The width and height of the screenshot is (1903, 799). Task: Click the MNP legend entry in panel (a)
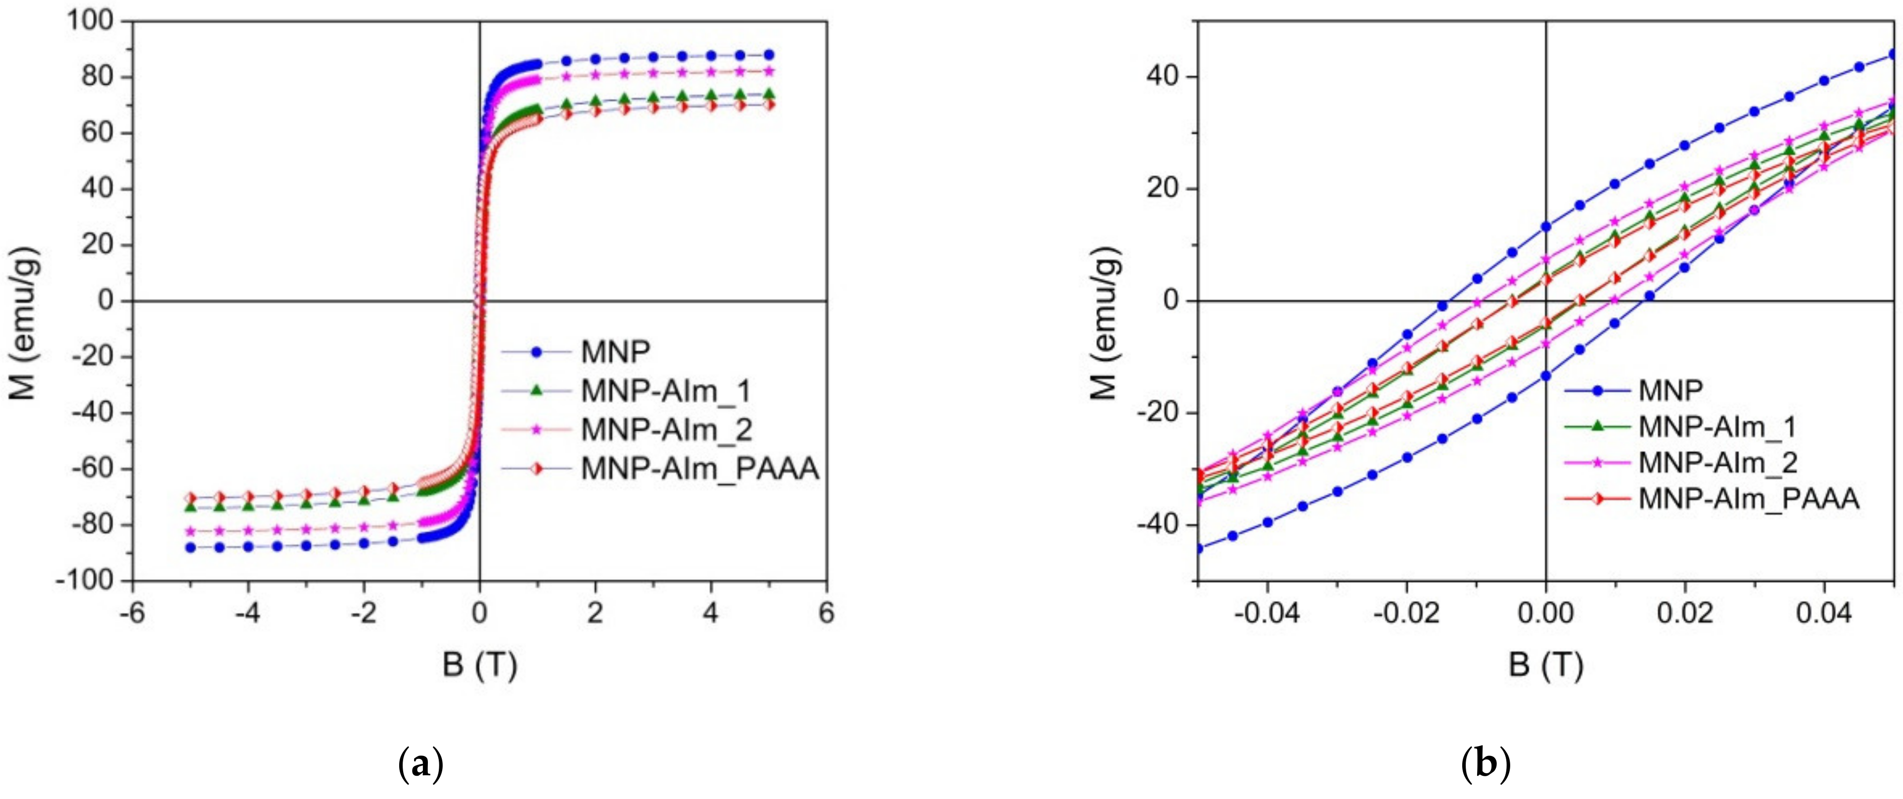click(x=615, y=352)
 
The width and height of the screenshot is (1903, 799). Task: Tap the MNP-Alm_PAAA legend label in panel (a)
click(x=699, y=469)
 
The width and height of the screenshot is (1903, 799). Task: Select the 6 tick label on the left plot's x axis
click(x=827, y=613)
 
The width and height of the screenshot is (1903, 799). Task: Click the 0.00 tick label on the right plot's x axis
click(x=1545, y=613)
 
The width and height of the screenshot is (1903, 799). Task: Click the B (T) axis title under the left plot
click(x=479, y=665)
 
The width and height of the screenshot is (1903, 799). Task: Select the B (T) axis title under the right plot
click(x=1545, y=665)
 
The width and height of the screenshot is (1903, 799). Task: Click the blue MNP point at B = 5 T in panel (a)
click(x=769, y=55)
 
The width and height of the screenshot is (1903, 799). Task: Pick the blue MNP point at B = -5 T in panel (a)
click(x=190, y=548)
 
